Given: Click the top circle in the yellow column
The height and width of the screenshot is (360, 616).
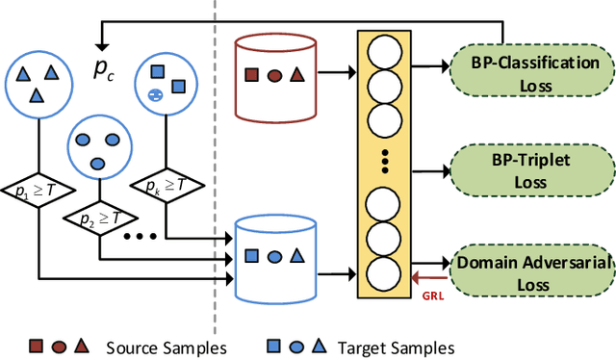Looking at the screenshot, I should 385,50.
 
